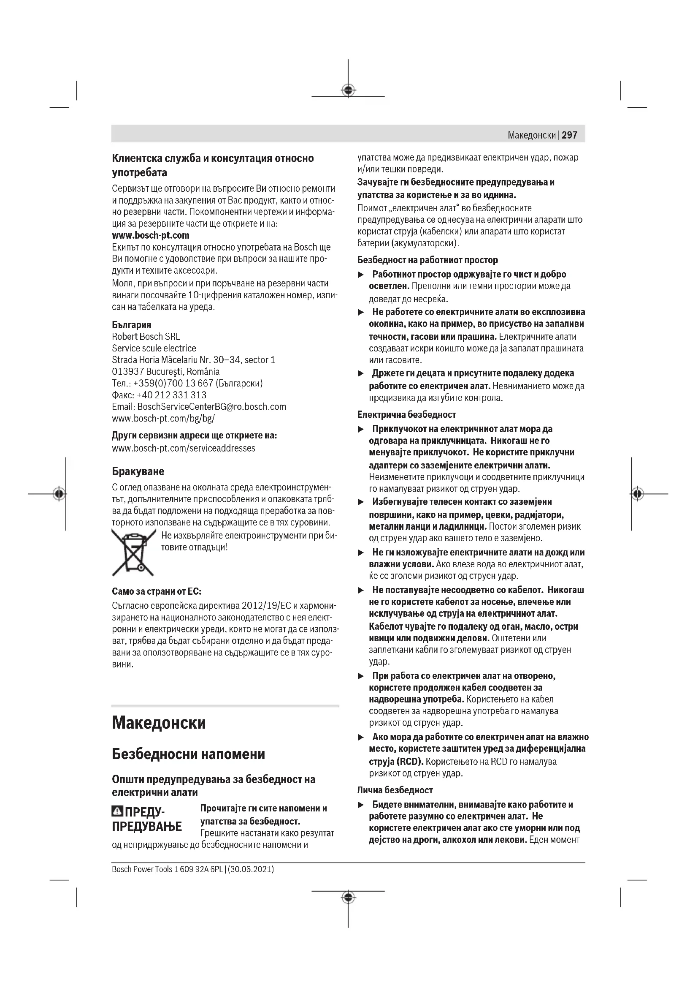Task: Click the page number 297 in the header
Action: click(x=569, y=135)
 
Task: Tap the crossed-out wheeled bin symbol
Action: click(x=133, y=553)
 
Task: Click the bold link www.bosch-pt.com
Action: click(x=150, y=235)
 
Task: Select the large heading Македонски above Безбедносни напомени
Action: click(x=159, y=722)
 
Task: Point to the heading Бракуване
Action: click(x=138, y=471)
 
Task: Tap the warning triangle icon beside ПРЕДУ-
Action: click(x=117, y=812)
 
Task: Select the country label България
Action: click(x=132, y=325)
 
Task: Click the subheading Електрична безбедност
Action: click(x=406, y=414)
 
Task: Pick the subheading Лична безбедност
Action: click(x=395, y=790)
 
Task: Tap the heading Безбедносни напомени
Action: click(x=189, y=754)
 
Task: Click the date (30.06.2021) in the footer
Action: click(x=251, y=869)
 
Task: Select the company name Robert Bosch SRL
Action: click(x=146, y=337)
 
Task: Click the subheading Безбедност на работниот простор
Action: click(x=427, y=260)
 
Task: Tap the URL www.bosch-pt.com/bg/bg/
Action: click(x=163, y=418)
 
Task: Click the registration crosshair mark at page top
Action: click(x=348, y=90)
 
